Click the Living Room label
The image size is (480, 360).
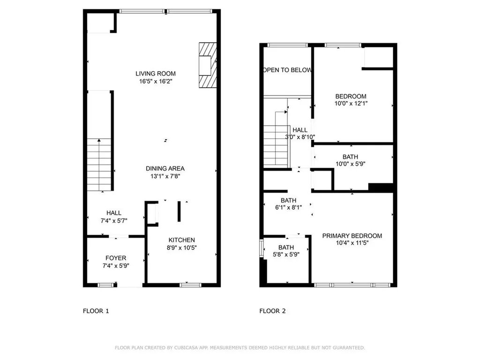point(156,73)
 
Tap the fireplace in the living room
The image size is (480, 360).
point(208,65)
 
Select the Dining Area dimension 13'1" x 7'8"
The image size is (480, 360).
point(165,176)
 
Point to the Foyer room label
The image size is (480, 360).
point(115,258)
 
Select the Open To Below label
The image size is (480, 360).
point(287,70)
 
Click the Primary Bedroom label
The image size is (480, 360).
point(352,236)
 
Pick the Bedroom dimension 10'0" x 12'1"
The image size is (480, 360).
point(351,104)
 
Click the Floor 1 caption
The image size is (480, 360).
point(96,311)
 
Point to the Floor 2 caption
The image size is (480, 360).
point(273,311)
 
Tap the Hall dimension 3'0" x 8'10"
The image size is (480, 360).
point(300,137)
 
